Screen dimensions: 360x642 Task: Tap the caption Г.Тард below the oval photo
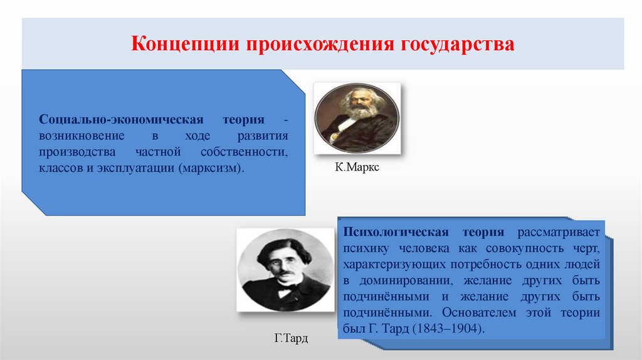tap(292, 339)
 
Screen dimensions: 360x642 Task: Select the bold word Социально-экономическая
tap(121, 120)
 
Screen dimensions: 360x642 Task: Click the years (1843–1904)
tap(447, 329)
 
